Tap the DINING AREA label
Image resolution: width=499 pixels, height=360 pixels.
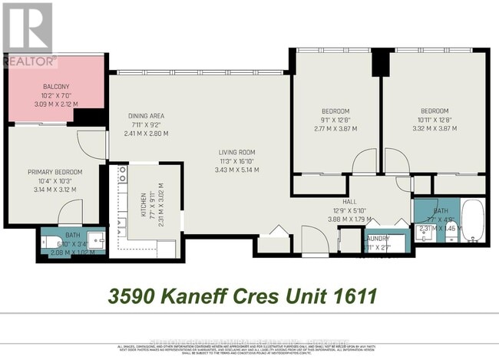tap(146, 117)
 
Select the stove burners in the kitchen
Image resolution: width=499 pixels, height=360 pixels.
tap(121, 183)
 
